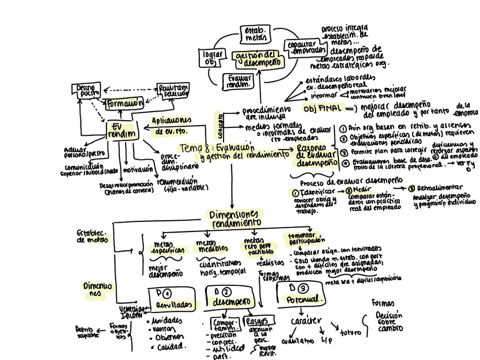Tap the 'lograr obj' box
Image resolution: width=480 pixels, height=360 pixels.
[x=209, y=58]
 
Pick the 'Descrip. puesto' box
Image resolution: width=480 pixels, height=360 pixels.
[x=87, y=91]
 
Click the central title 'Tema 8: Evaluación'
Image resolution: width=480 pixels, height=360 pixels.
[x=215, y=147]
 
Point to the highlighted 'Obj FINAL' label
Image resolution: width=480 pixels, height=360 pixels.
[x=323, y=108]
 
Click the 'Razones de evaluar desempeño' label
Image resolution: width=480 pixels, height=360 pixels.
[x=314, y=155]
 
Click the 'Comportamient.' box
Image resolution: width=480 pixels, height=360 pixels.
[x=224, y=325]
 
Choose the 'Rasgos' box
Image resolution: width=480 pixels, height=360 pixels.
[x=256, y=322]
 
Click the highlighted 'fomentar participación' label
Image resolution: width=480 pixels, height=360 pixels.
[x=305, y=239]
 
